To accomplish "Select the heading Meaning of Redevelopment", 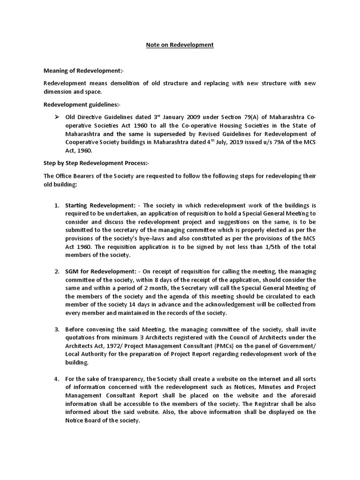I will pos(83,71).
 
